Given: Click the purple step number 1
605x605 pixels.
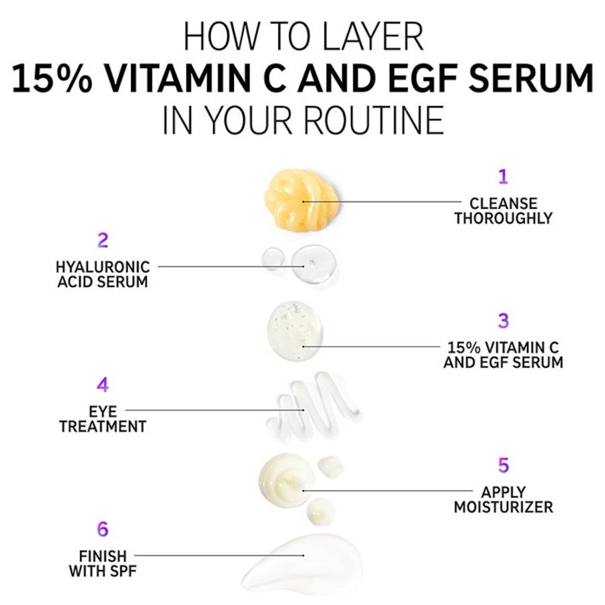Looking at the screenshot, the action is click(503, 176).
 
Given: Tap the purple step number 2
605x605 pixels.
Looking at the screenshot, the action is click(103, 240).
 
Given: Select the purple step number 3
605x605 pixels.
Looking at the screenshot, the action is click(503, 320).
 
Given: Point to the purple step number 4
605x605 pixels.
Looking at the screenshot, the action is click(103, 385).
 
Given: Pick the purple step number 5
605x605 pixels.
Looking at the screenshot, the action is click(503, 465).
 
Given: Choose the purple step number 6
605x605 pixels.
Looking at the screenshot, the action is click(103, 529).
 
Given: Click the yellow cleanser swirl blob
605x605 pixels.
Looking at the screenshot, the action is click(302, 200).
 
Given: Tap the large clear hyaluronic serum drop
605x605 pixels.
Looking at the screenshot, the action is click(313, 264).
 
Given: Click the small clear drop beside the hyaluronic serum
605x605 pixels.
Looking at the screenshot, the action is click(273, 257).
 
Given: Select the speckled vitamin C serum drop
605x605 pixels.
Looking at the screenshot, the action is click(294, 331).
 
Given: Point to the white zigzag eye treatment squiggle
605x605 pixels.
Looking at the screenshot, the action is click(313, 407).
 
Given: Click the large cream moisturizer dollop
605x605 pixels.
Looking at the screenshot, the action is click(286, 479).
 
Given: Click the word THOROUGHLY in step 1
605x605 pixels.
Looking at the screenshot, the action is click(503, 218).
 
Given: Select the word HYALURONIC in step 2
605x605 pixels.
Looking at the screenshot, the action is click(103, 267).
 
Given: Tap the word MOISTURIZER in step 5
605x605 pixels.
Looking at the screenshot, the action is click(503, 507).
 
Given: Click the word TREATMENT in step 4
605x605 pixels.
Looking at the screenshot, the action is click(103, 426).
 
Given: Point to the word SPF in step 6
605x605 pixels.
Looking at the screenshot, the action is click(123, 571).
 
